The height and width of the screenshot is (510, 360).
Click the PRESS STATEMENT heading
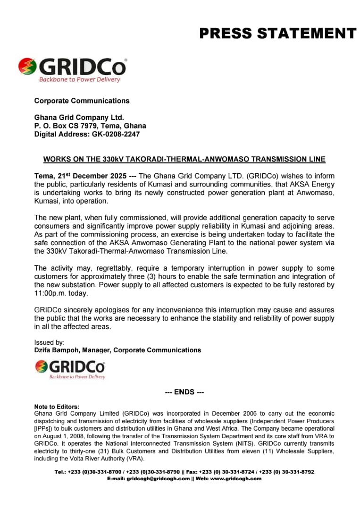277,34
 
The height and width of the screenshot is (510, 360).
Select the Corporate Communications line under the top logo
82,101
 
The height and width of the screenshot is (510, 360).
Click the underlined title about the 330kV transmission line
184,159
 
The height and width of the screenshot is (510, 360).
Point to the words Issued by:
50,342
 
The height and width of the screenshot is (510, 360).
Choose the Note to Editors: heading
57,407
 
